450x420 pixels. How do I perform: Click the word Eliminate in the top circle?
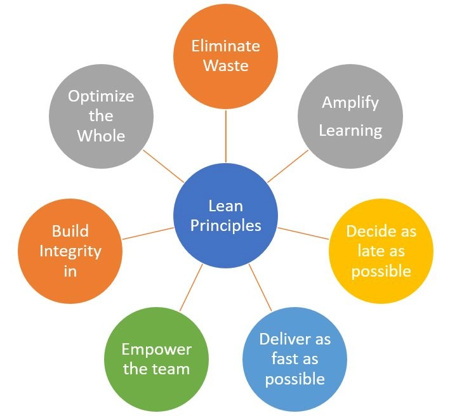pos(226,46)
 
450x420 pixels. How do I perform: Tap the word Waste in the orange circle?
pos(226,65)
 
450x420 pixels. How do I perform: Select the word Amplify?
pos(350,102)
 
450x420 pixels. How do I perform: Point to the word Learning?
pos(350,131)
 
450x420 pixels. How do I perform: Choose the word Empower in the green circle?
pos(156,349)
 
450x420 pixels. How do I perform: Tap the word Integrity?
pos(70,251)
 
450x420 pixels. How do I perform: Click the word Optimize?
pos(102,96)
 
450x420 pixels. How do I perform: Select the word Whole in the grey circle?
pos(102,135)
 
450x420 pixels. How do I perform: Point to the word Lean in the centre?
pos(226,205)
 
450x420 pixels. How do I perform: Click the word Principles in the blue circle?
pos(226,225)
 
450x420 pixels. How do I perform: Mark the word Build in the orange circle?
pos(70,230)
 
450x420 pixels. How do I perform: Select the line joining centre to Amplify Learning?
pos(288,166)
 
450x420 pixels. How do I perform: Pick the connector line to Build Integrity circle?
pos(147,233)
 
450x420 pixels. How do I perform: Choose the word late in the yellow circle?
pos(373,251)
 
